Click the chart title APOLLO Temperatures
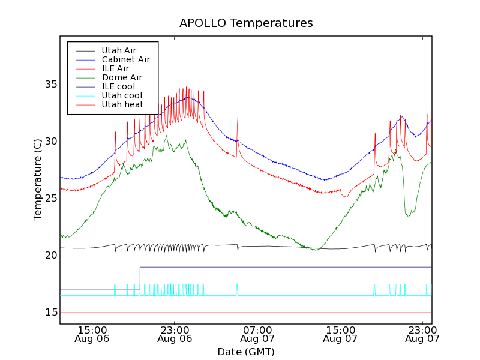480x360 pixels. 246,23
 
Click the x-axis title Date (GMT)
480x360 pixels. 246,351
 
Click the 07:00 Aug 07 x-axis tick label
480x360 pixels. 257,334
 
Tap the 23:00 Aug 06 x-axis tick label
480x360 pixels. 175,334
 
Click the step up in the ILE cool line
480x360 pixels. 140,278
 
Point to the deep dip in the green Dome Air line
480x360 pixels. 408,215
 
